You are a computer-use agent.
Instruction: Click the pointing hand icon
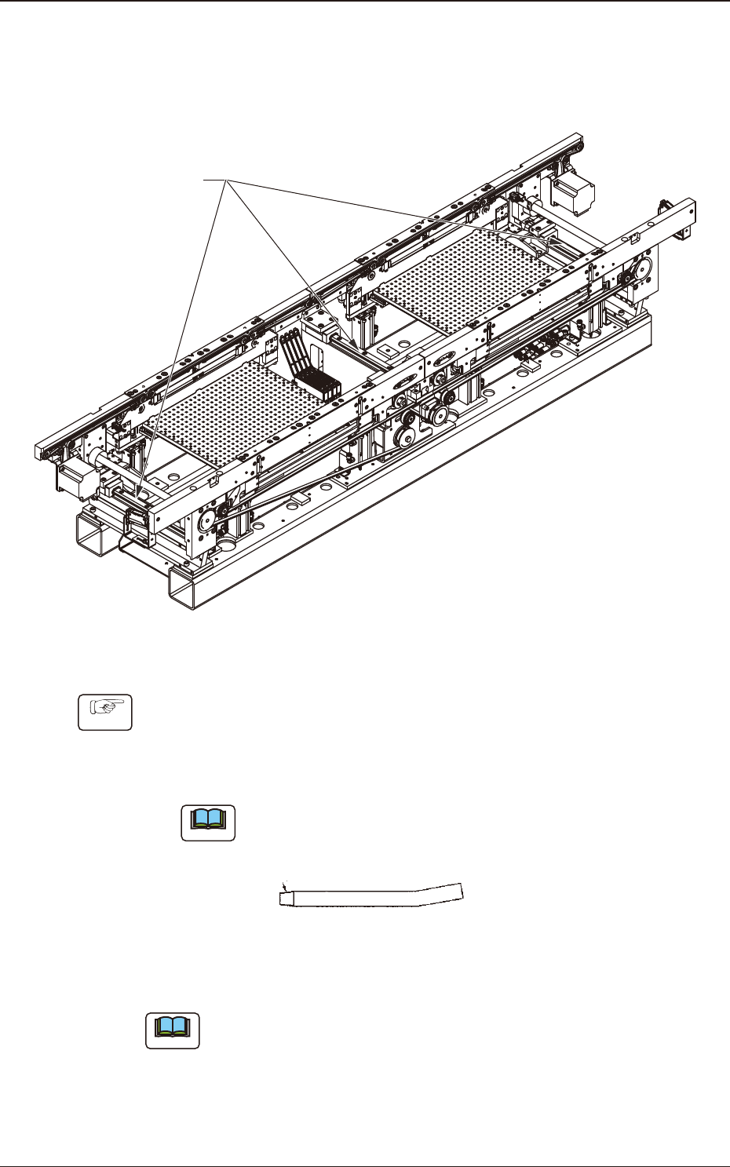104,712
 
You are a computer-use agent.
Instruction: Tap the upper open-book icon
208,822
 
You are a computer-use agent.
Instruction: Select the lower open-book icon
173,1030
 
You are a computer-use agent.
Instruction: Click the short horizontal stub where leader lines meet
215,181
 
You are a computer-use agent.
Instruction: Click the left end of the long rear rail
41,452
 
